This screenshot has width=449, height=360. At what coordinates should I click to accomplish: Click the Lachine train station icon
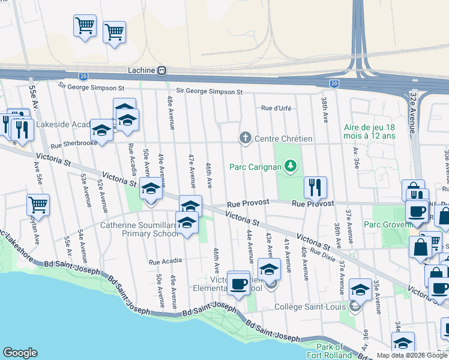point(161,70)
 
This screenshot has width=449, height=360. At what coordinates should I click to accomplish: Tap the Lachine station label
point(141,70)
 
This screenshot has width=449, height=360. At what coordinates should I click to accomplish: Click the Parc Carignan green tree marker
point(291,164)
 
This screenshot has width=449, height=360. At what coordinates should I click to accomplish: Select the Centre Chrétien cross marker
point(245,139)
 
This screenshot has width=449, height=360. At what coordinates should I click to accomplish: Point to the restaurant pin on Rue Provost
point(315,188)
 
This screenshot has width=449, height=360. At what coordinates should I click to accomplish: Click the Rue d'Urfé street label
point(276,109)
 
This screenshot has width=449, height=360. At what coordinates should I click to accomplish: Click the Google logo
point(20,353)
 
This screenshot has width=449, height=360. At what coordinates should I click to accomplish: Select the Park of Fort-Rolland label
point(330,351)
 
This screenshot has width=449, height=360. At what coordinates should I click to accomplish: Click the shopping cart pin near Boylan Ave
point(38,205)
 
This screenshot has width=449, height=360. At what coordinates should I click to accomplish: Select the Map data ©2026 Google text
point(412,355)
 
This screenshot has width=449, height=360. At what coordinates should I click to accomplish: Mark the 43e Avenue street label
point(269,245)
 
